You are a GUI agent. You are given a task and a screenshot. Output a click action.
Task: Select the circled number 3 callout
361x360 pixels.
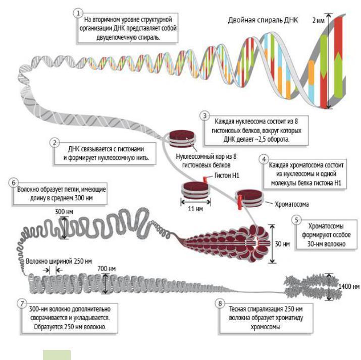pyautogui.click(x=204, y=115)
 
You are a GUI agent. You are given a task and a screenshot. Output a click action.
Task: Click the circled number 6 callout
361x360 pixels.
pyautogui.click(x=14, y=183)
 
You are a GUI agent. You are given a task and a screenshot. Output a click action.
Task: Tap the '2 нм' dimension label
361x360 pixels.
pyautogui.click(x=319, y=21)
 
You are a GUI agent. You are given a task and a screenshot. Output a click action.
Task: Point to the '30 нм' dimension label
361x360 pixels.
pyautogui.click(x=286, y=244)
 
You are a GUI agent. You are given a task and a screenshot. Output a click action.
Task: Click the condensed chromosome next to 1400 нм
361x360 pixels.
pyautogui.click(x=308, y=286)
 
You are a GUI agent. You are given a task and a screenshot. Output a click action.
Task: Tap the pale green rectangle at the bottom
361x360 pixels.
pyautogui.click(x=56, y=354)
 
